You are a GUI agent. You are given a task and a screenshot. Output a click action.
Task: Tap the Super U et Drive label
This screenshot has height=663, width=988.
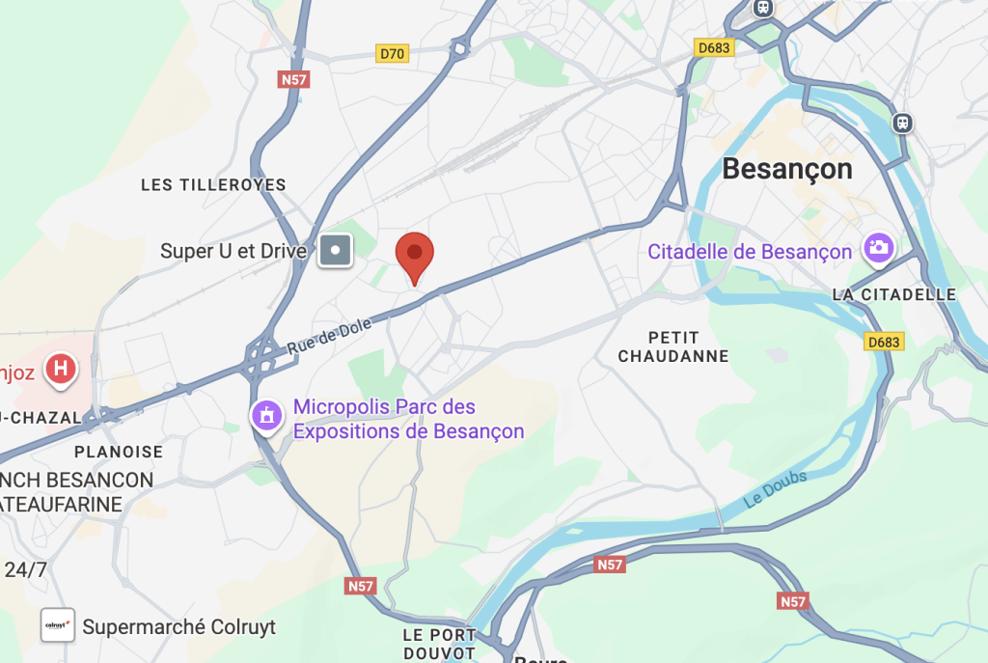tap(233, 252)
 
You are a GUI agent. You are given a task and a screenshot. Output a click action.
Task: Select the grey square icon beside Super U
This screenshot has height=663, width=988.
tap(336, 252)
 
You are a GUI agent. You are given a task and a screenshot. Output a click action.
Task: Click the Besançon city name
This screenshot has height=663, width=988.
tap(787, 169)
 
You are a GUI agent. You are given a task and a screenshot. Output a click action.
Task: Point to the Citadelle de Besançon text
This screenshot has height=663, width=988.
tap(750, 252)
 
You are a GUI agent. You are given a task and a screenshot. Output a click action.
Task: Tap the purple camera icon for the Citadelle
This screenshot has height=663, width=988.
tap(879, 247)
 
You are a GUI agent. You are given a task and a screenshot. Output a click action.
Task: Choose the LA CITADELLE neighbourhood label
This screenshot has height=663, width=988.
tap(894, 294)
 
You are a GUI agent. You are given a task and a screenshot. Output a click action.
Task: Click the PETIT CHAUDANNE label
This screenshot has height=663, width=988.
tap(673, 346)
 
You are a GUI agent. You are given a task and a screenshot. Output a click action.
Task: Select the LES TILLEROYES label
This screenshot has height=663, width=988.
tap(213, 184)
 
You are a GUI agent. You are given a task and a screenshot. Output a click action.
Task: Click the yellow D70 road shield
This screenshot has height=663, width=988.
tap(392, 54)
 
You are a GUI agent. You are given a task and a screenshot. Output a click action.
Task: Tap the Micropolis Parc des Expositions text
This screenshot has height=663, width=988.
tap(408, 419)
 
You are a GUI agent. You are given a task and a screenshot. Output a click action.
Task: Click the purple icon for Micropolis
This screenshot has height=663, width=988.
tap(266, 416)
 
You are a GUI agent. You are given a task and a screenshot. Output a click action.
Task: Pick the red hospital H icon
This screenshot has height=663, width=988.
tap(63, 369)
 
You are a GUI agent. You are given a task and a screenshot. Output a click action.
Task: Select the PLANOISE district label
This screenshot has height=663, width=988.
tap(119, 452)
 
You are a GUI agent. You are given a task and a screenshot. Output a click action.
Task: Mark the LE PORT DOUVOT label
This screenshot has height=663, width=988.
tap(439, 644)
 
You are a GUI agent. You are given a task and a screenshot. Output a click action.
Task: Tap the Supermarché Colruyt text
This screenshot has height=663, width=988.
tap(178, 626)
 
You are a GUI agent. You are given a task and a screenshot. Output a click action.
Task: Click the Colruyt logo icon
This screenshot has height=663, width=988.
tap(57, 625)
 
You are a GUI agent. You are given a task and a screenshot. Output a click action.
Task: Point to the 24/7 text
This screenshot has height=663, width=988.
tap(26, 569)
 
